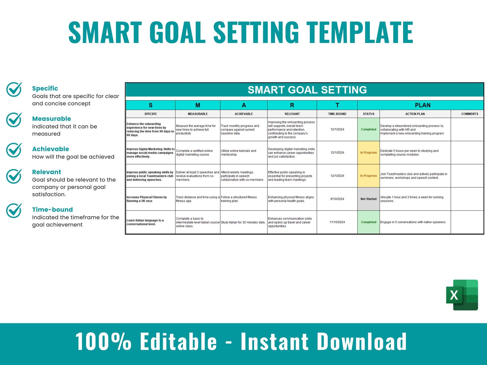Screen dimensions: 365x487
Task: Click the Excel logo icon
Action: coord(462,295)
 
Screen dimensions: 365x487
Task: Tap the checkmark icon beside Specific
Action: coord(14,89)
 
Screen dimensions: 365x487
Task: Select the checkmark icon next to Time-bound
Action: coord(14,210)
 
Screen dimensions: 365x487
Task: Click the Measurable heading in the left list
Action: coord(52,119)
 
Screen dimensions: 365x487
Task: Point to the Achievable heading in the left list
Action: coord(51,149)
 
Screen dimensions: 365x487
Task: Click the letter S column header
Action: coord(151,105)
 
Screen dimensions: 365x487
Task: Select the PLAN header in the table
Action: coord(422,105)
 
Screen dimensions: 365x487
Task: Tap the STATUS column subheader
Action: coord(369,114)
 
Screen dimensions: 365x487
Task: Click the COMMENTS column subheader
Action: coord(470,114)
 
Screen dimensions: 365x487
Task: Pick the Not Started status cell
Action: coord(368,199)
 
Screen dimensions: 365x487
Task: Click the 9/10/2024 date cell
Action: coord(337,199)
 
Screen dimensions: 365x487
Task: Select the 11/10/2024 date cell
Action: coord(337,222)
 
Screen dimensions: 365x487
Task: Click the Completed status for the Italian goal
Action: coord(368,222)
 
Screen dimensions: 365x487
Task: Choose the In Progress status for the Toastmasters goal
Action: coord(368,176)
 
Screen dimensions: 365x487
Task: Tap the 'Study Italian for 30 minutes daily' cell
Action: coord(243,222)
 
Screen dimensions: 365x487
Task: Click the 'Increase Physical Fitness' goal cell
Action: coord(150,199)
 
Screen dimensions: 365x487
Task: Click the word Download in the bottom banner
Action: coord(362,341)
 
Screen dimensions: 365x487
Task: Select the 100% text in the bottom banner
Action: coord(103,341)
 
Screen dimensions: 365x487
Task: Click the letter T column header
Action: coord(337,105)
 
